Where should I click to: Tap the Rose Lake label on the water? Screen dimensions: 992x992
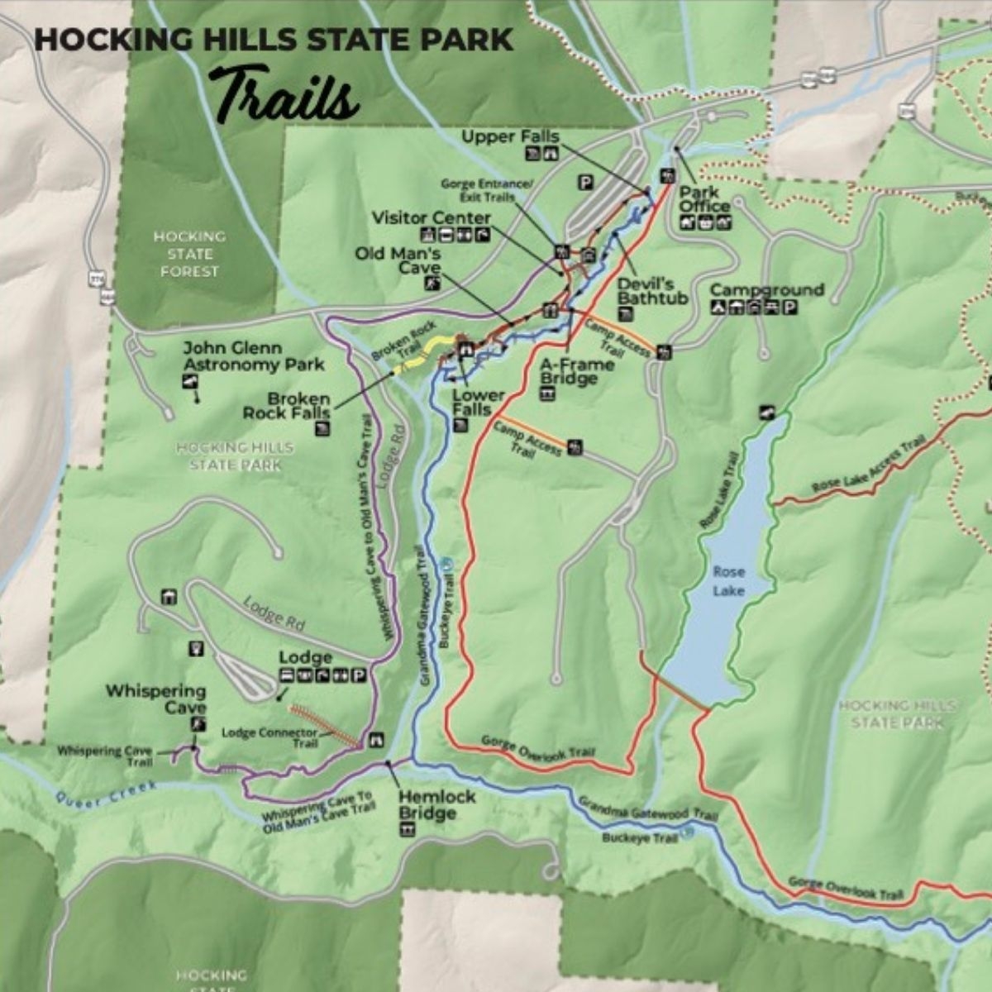728,581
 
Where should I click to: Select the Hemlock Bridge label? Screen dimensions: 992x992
437,804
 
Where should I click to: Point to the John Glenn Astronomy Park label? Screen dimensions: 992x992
253,356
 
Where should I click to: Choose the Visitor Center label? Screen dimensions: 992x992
431,218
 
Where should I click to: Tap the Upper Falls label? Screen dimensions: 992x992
510,136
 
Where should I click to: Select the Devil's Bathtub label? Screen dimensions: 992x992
652,290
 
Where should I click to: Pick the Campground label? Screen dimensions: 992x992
766,290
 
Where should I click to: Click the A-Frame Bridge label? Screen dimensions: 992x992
576,371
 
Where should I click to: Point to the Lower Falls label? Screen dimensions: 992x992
471,402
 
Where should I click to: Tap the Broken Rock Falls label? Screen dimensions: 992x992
286,405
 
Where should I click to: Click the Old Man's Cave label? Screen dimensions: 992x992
398,260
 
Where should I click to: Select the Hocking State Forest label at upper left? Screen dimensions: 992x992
189,254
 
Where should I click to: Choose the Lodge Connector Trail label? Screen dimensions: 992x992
269,737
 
